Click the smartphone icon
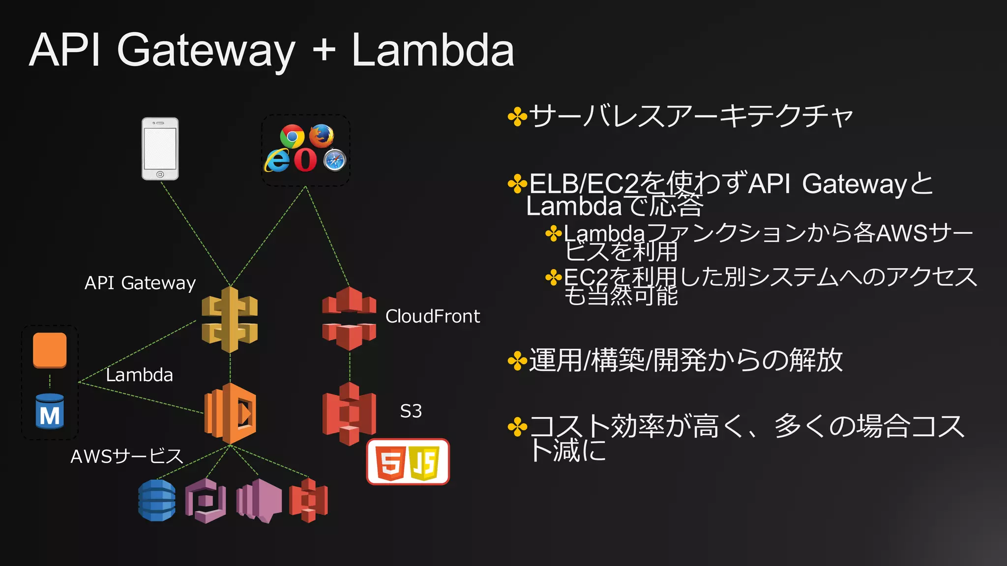coord(160,149)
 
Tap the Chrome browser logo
coord(292,136)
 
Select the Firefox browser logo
coord(322,136)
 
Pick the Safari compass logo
coord(335,160)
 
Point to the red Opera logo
coord(305,160)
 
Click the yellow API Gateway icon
coord(230,320)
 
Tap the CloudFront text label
coord(432,316)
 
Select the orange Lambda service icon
coord(230,413)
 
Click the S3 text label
coord(411,411)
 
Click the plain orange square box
coord(50,350)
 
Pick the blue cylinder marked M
coord(50,412)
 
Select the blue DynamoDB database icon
coord(157,500)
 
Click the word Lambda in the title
coord(433,50)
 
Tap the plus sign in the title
coord(324,50)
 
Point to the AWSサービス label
coord(126,456)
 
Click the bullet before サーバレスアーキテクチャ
coord(517,117)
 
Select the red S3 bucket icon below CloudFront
coord(349,414)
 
